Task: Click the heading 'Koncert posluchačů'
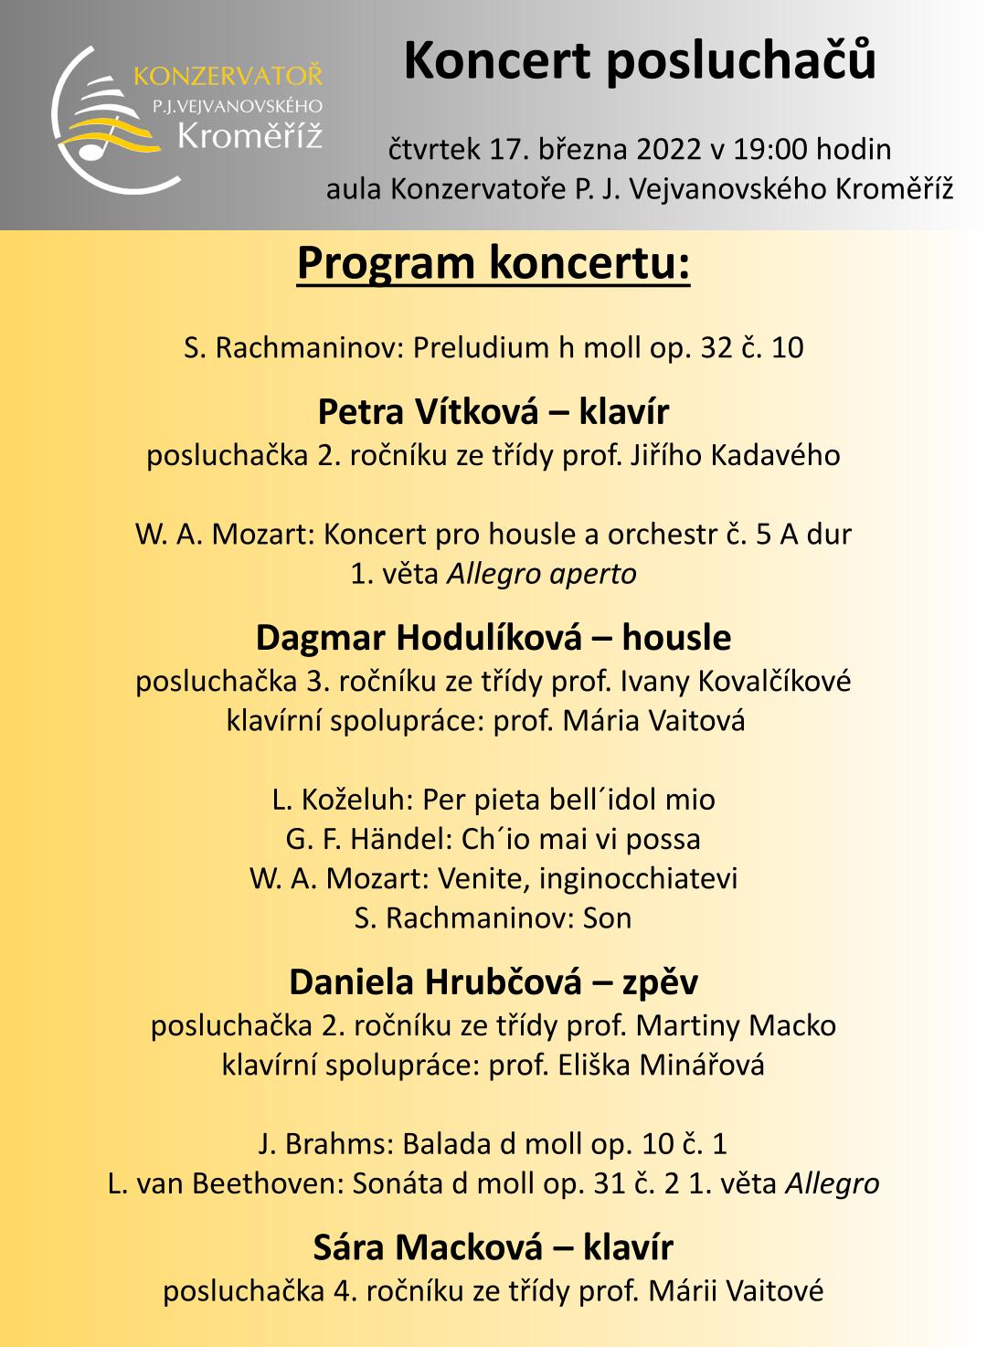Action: point(640,62)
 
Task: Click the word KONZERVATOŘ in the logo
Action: point(228,76)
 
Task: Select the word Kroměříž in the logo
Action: point(249,136)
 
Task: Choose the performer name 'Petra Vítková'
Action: point(428,412)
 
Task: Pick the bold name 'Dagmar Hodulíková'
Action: point(419,638)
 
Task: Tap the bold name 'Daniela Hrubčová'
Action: point(435,982)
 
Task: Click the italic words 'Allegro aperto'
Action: point(541,574)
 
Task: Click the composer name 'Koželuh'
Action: point(357,800)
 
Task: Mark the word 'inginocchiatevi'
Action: point(638,878)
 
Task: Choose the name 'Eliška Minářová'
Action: point(662,1066)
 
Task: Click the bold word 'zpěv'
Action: point(660,982)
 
